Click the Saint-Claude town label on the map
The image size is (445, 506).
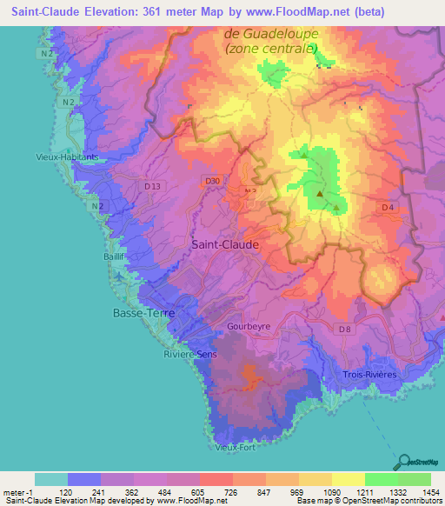coord(224,245)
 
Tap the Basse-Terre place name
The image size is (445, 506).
coord(143,312)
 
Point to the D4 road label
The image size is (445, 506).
coord(388,207)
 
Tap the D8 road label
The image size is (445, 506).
coord(345,329)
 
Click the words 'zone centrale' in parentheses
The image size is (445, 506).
coord(269,49)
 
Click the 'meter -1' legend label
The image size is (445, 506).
coord(17,493)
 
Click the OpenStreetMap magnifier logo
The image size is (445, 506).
coord(403,461)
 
